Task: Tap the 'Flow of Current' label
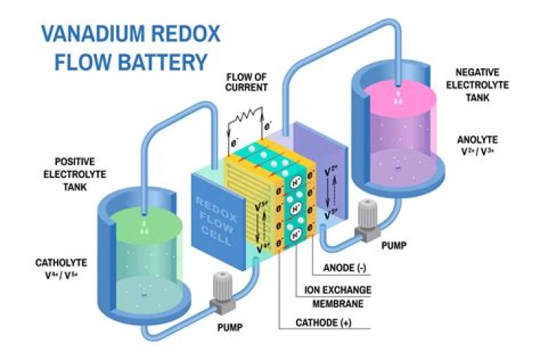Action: click(x=245, y=82)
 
